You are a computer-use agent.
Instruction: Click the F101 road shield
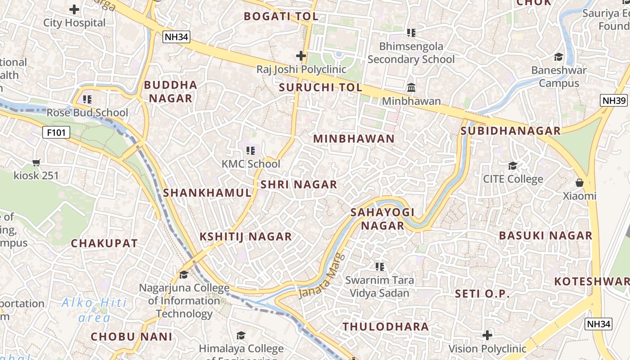[56, 132]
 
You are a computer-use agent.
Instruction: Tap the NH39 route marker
[614, 100]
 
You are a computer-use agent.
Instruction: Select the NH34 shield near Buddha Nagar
[176, 37]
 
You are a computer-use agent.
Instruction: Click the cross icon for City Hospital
[74, 9]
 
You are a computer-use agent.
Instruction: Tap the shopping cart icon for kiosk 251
[36, 162]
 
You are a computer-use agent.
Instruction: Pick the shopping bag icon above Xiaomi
[580, 183]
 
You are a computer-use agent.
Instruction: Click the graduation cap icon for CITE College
[513, 166]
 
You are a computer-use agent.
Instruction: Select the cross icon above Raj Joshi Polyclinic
[301, 56]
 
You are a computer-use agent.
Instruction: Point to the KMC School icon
[251, 151]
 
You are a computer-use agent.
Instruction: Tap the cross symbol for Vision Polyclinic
[487, 335]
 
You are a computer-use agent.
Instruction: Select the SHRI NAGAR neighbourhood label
[299, 184]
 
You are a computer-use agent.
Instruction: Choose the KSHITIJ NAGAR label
[246, 237]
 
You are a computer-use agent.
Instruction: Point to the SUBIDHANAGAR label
[511, 131]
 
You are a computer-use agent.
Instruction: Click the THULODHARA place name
[386, 327]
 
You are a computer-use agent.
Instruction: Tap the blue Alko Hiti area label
[94, 310]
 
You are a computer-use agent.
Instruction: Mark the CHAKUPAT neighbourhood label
[104, 243]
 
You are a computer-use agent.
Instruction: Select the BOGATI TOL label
[281, 17]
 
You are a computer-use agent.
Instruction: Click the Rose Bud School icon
[87, 99]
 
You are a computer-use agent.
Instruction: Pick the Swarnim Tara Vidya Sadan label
[379, 287]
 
